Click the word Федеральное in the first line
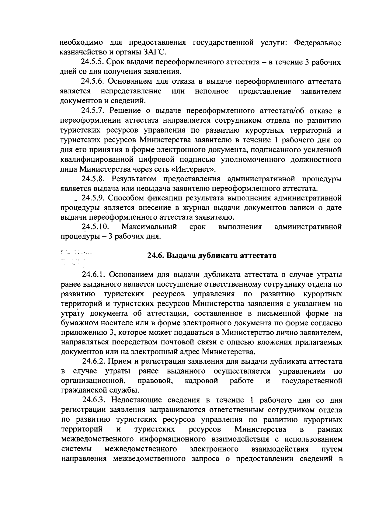(x=318, y=43)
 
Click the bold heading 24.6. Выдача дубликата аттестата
(x=212, y=255)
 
